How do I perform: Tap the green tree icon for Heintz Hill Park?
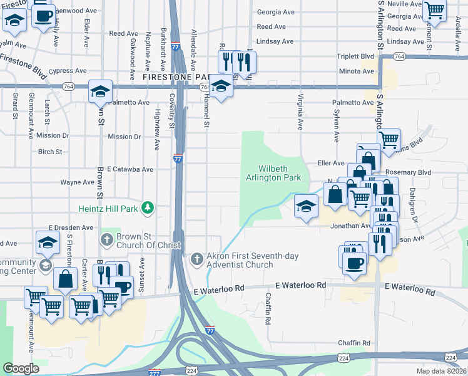[x=147, y=207]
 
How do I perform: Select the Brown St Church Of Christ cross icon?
[x=106, y=239]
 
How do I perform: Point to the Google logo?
[x=21, y=368]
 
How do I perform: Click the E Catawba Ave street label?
[x=130, y=169]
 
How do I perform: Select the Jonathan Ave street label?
[x=350, y=226]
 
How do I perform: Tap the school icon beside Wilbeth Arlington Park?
[x=305, y=207]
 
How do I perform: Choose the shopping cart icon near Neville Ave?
[x=434, y=11]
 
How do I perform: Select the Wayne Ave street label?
[x=76, y=182]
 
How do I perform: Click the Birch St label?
[x=50, y=152]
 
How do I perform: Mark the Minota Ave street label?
[x=356, y=71]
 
